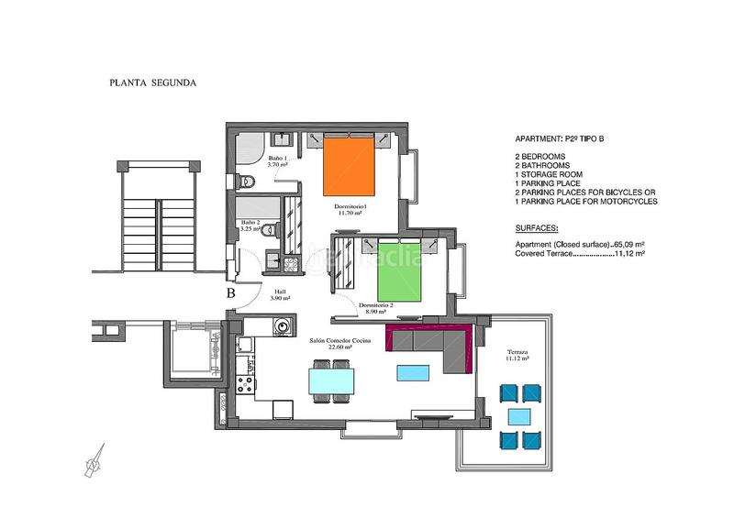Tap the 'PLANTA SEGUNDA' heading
(x=153, y=83)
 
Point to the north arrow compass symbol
(x=93, y=465)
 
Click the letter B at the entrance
(x=231, y=293)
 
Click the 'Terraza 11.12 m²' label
(x=517, y=356)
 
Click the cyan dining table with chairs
(x=331, y=380)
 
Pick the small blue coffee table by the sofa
(x=413, y=374)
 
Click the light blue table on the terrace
(x=519, y=416)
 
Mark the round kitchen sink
(x=284, y=325)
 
